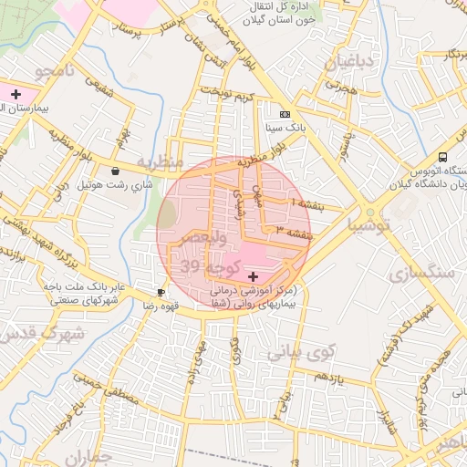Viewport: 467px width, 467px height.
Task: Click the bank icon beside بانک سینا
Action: coord(285,114)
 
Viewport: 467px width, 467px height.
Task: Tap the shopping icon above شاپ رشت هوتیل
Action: coord(115,171)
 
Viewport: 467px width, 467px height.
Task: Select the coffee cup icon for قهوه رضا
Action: coord(161,293)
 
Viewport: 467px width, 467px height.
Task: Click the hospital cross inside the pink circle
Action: coord(253,275)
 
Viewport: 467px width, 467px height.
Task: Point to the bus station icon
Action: coord(442,156)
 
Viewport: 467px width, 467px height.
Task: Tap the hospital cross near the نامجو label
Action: coord(16,94)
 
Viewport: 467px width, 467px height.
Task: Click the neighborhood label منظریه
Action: coord(161,162)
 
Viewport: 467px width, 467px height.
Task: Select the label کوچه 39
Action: coord(209,266)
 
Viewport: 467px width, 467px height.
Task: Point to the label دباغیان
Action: coord(348,64)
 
